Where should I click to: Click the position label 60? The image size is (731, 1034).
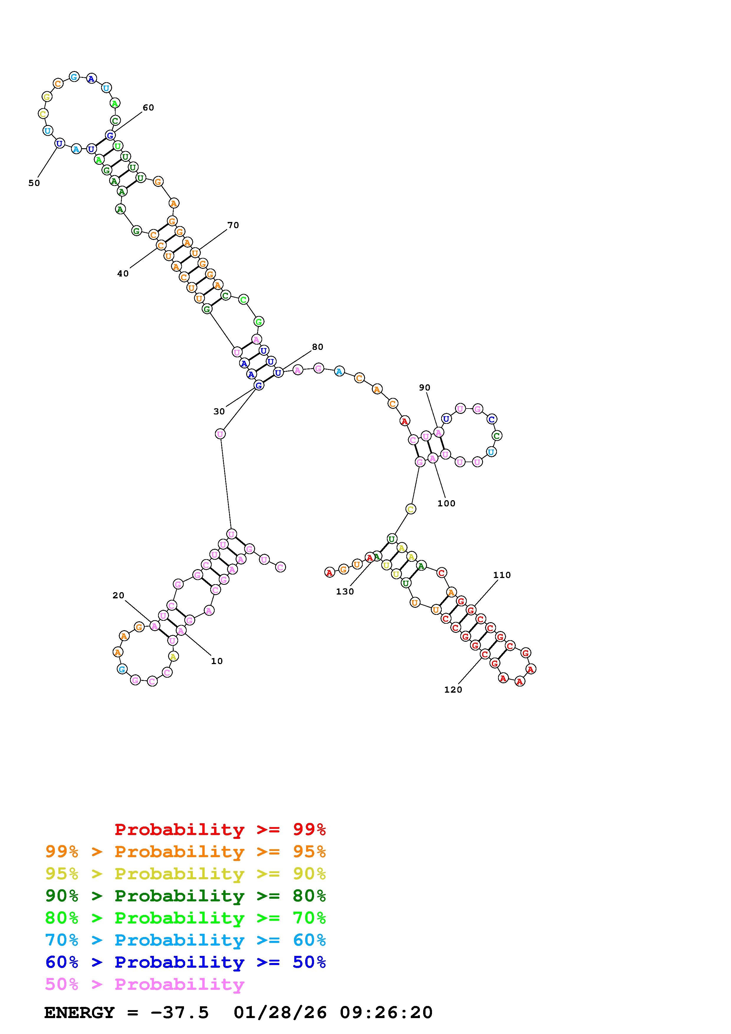[x=148, y=108]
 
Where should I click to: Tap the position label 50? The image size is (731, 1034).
[x=34, y=183]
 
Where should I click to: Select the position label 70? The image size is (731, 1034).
[x=233, y=225]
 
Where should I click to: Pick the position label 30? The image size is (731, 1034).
[x=219, y=411]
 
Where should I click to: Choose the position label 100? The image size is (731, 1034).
[x=446, y=503]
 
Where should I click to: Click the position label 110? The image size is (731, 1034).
[x=502, y=575]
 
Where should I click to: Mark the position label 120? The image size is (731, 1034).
[x=453, y=689]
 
